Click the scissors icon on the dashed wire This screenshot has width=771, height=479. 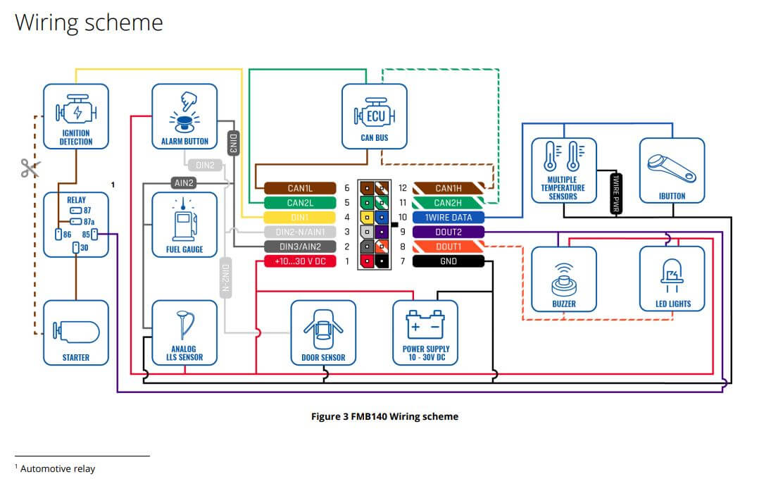tap(30, 168)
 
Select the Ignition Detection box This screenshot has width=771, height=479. tap(76, 116)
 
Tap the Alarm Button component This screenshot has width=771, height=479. tap(184, 116)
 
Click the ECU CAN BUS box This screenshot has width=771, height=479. tap(374, 116)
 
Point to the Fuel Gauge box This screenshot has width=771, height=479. tap(184, 225)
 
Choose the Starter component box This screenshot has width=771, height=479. tap(76, 333)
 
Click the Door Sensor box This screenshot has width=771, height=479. tap(323, 333)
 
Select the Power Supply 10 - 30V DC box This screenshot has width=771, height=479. tap(425, 333)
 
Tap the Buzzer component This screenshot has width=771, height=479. tap(564, 279)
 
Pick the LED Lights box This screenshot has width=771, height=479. tap(672, 279)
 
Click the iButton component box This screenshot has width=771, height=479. tap(672, 170)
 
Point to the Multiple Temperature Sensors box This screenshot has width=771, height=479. tap(564, 170)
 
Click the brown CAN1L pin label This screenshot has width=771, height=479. tap(300, 188)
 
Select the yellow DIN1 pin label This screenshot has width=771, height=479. tap(300, 218)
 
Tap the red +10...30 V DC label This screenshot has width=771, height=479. tap(300, 261)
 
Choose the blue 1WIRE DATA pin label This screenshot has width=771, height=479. tap(449, 218)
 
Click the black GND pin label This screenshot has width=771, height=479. tap(449, 261)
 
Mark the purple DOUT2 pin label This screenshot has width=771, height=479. tap(449, 232)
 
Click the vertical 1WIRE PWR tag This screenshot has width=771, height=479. tap(616, 193)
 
